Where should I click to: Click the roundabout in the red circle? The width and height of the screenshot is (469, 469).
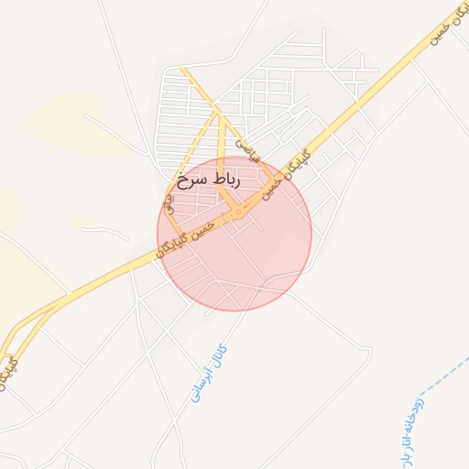point(237,213)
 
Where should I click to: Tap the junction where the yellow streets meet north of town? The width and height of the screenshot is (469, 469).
point(218,113)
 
